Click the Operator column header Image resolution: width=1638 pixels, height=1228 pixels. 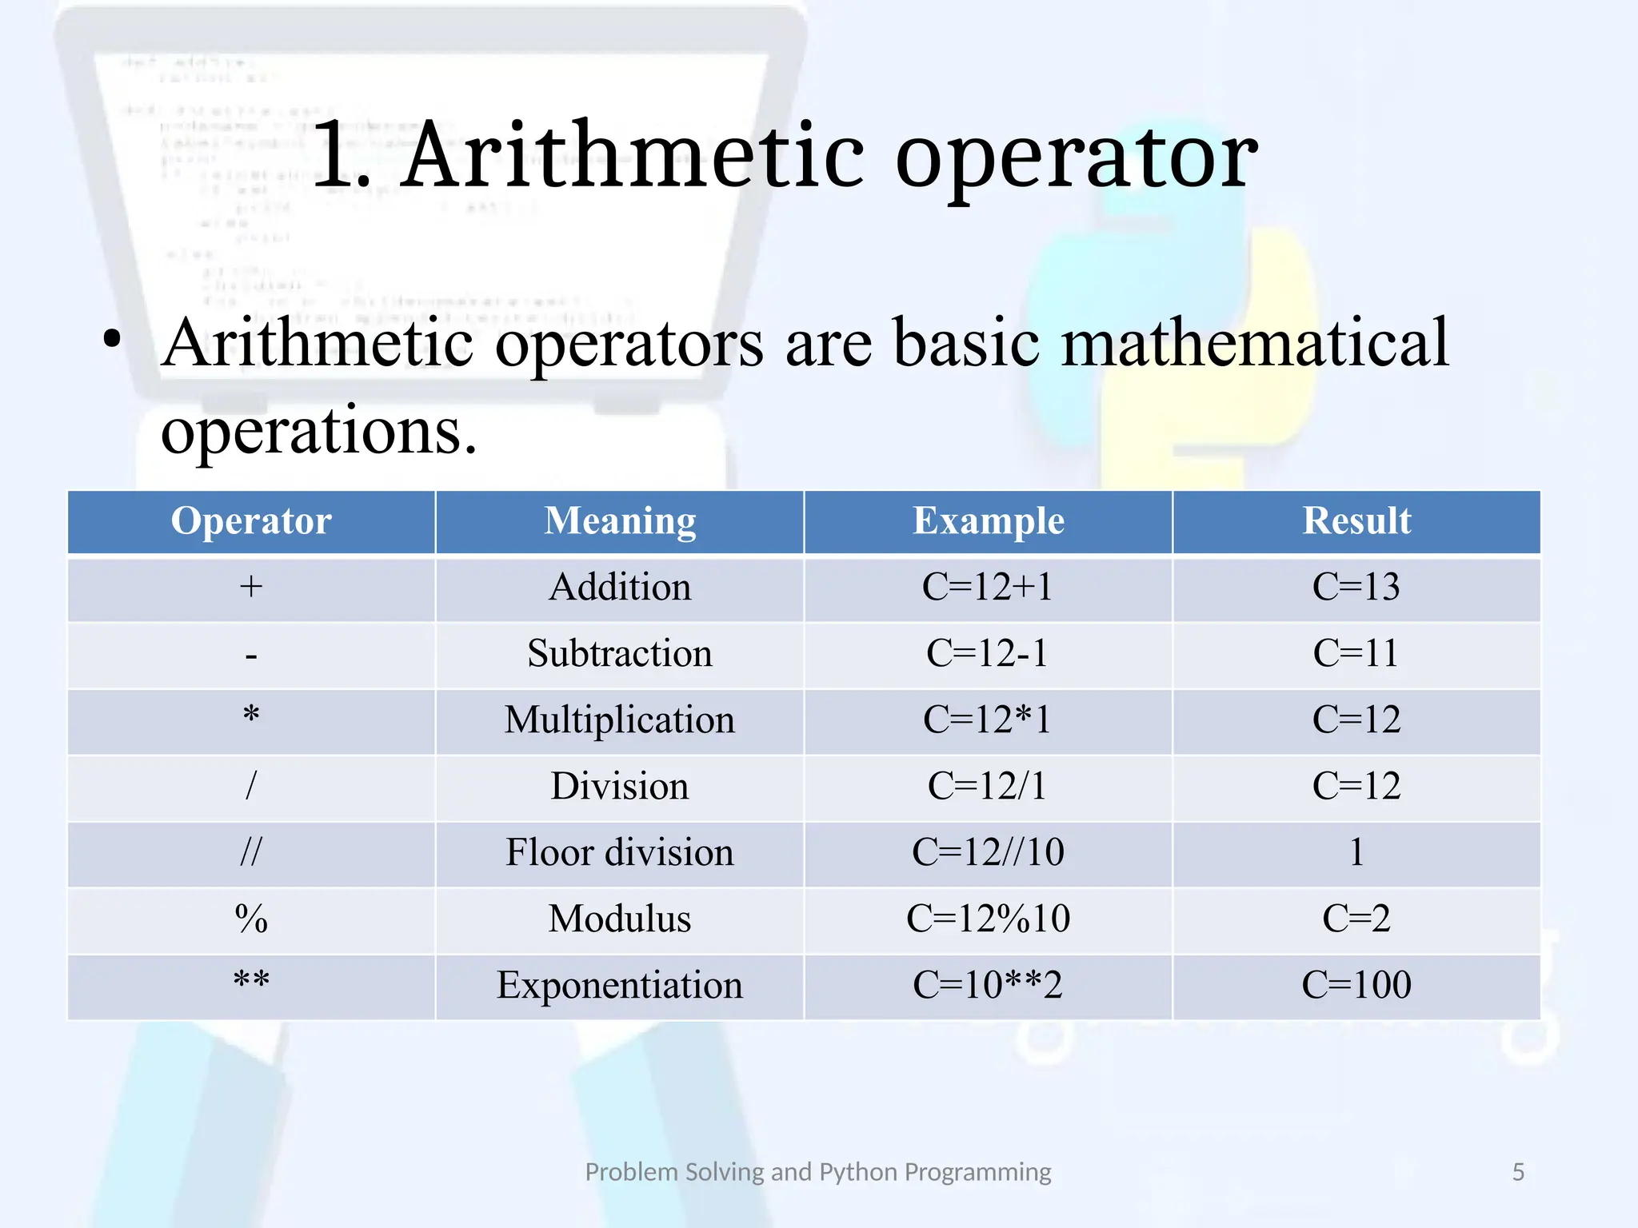tap(251, 521)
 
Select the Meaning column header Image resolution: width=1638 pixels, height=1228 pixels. tap(620, 521)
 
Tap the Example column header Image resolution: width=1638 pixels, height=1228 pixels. tap(989, 521)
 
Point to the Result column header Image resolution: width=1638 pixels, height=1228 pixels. tap(1356, 521)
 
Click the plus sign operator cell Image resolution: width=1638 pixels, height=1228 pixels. tap(251, 588)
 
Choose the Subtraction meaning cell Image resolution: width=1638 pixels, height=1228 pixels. tap(620, 654)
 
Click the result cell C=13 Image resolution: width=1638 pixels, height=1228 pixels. tap(1356, 588)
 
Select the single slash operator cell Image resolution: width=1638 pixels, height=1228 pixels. tap(251, 787)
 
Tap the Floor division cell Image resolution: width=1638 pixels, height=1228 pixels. tap(620, 853)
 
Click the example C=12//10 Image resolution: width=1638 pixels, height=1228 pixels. tap(989, 853)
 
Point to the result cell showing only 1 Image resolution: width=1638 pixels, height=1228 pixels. tap(1356, 853)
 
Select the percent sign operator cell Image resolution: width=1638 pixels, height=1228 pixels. tap(251, 919)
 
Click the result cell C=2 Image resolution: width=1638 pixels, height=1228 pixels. tap(1356, 919)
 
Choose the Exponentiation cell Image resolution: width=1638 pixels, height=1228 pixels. tap(620, 986)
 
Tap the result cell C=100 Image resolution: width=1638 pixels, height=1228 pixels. tap(1356, 986)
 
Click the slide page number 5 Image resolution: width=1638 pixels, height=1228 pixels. tap(1518, 1172)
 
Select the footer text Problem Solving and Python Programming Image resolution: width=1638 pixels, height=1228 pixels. tap(818, 1172)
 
